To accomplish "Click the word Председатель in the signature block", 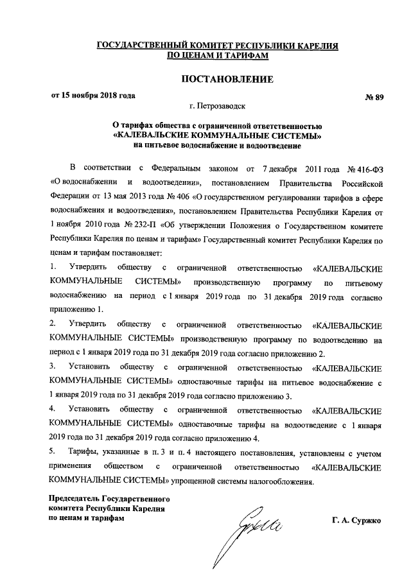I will click(76, 498).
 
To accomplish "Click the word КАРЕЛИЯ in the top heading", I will click(311, 46).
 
